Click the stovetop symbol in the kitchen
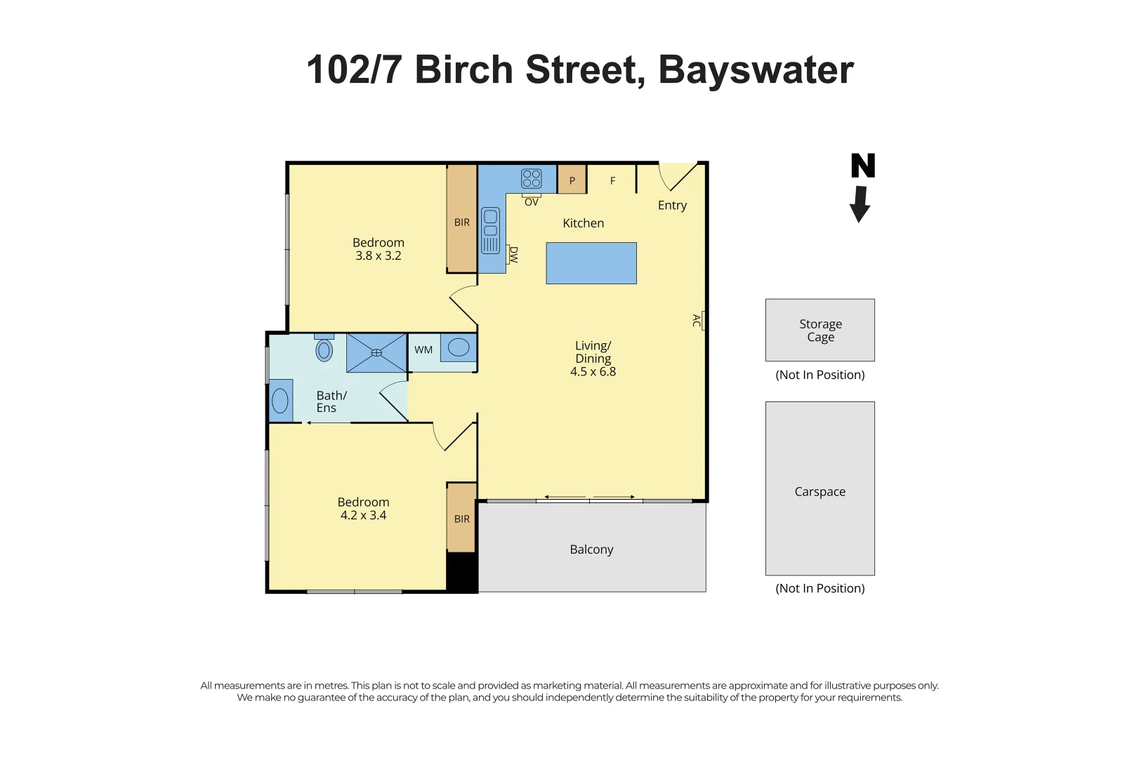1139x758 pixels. point(531,178)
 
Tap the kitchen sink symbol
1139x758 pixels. point(490,230)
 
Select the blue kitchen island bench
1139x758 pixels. point(591,263)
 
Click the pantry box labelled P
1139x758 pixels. point(572,180)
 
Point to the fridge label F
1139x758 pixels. point(612,181)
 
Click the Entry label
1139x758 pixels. point(672,205)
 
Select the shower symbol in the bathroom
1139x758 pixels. point(376,352)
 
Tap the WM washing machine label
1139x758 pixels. point(423,350)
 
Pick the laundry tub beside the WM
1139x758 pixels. point(459,347)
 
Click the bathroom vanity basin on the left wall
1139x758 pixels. point(280,401)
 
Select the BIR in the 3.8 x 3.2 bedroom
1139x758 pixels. point(461,222)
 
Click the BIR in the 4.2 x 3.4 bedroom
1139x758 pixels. point(461,519)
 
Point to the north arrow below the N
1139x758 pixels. point(860,204)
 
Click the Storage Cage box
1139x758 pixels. point(819,330)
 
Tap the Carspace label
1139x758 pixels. point(819,491)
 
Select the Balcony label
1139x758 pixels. point(591,549)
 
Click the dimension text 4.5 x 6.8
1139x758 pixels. point(593,372)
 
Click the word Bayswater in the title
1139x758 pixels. point(756,70)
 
